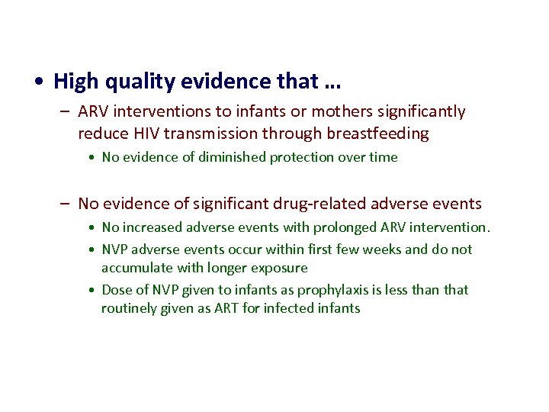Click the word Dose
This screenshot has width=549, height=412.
click(x=116, y=290)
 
